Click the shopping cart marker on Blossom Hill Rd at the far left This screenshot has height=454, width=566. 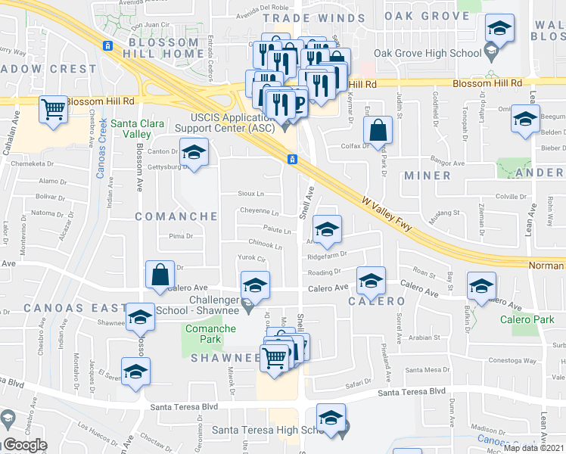tap(54, 110)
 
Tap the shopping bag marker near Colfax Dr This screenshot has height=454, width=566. tap(378, 130)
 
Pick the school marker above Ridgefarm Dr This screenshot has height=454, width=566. tap(326, 230)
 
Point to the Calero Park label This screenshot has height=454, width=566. tap(527, 319)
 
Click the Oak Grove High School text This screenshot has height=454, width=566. tap(428, 53)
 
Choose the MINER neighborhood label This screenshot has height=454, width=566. tap(428, 176)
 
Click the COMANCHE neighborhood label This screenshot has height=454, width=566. tap(176, 216)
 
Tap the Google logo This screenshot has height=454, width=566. tap(25, 445)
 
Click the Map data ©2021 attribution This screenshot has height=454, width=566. tap(533, 448)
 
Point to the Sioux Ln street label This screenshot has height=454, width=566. tap(250, 194)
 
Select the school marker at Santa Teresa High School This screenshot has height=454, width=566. tap(331, 418)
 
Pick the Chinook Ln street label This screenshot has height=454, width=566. tap(265, 246)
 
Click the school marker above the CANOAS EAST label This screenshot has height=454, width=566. tap(140, 318)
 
